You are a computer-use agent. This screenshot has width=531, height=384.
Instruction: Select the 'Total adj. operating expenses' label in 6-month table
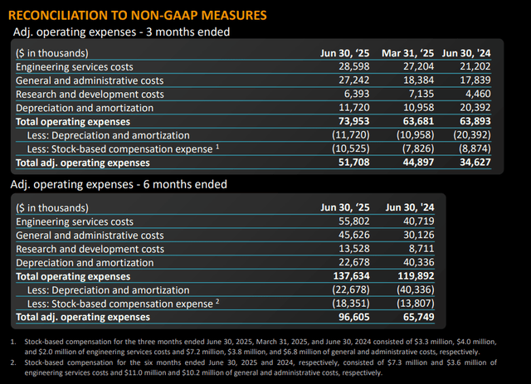click(x=81, y=316)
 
